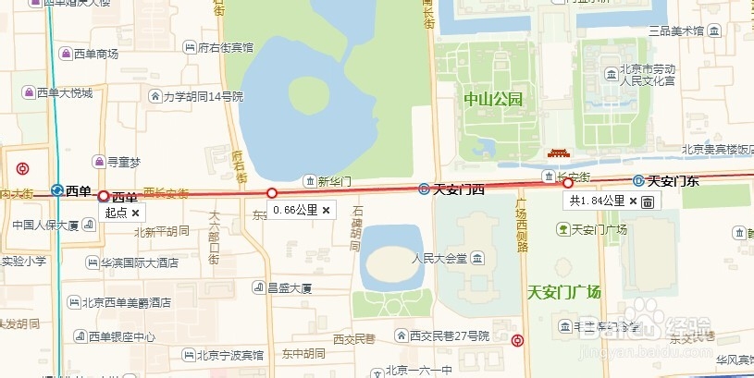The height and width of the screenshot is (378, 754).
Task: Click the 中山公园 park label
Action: click(494, 99)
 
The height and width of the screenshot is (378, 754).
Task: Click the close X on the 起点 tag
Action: click(135, 213)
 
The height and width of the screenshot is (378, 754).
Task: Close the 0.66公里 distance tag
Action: click(326, 210)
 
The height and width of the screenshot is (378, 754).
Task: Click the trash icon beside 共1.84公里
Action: click(648, 201)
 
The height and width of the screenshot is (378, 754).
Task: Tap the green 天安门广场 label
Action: click(563, 292)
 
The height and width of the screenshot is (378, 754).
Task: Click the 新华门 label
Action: click(334, 180)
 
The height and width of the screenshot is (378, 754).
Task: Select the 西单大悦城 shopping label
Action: click(64, 92)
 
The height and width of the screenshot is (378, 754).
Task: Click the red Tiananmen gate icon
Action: click(558, 153)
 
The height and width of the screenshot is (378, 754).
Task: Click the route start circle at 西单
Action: click(104, 195)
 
